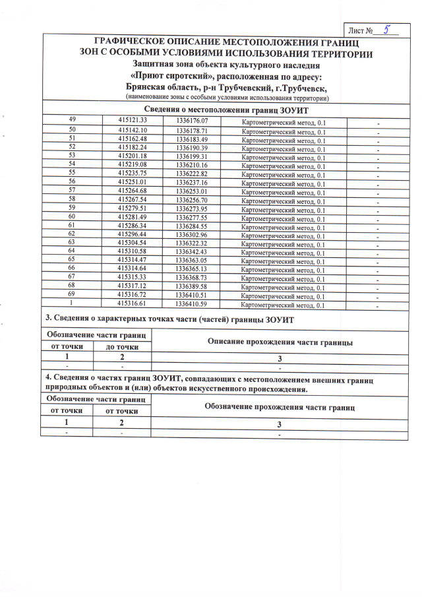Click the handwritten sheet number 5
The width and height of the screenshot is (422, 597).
[387, 29]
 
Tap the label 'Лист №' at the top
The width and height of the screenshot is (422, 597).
[362, 30]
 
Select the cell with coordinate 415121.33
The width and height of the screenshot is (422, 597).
[132, 121]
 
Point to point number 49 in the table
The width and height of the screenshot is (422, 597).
[73, 121]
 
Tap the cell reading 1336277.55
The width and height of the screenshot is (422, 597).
[192, 218]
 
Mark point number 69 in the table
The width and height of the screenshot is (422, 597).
[73, 296]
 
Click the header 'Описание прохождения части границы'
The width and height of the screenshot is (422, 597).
[280, 342]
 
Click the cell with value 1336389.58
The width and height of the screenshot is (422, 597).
[192, 287]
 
